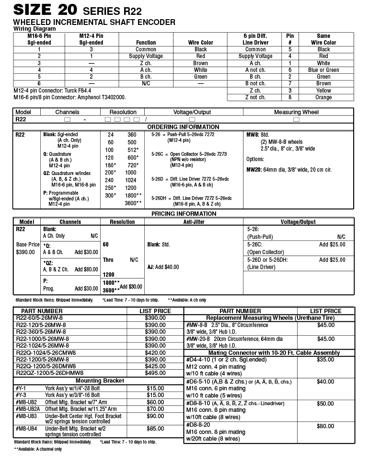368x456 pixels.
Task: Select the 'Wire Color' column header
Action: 200,42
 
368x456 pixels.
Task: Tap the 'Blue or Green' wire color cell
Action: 323,70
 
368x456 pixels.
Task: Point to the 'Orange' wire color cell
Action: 323,97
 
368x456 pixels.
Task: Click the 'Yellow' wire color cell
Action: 323,91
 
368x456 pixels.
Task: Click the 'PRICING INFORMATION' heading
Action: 184,214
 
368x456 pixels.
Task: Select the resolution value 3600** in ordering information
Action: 133,203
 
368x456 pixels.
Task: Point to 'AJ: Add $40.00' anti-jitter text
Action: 163,267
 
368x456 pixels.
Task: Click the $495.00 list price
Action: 158,373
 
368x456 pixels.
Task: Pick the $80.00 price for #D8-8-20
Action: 325,426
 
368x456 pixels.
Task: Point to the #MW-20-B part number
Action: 198,339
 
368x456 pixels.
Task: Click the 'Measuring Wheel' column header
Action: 296,112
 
